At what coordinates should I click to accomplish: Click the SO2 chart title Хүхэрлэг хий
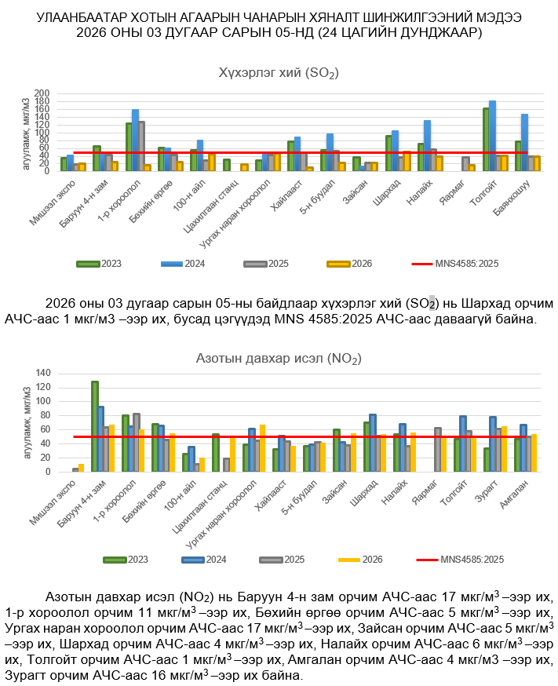pyautogui.click(x=279, y=74)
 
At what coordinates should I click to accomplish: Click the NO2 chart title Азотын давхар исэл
pyautogui.click(x=279, y=359)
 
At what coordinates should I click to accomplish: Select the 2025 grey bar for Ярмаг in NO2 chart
pyautogui.click(x=438, y=450)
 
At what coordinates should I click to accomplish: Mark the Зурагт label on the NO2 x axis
pyautogui.click(x=492, y=491)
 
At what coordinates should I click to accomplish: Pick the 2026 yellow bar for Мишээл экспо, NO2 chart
pyautogui.click(x=82, y=468)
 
